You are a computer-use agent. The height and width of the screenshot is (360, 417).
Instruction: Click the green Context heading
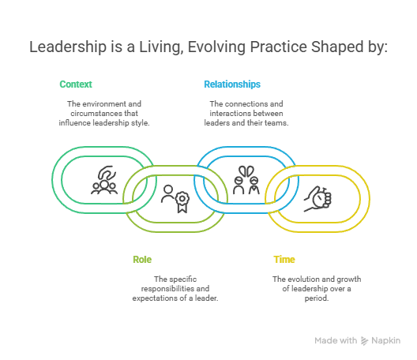tap(76, 84)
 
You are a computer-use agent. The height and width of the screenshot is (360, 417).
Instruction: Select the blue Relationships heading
tap(232, 84)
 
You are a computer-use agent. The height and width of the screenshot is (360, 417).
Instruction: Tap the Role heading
tap(142, 260)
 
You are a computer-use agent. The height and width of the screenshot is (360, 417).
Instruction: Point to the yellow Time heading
tap(284, 260)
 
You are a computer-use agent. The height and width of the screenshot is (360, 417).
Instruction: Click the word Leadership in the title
tap(68, 47)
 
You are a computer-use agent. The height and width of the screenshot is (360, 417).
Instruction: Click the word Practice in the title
tap(279, 47)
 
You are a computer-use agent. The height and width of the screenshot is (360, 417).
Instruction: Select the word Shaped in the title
tap(337, 47)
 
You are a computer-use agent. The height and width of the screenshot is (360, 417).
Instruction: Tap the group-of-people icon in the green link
tap(104, 180)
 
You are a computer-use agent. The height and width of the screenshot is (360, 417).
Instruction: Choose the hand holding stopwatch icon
tap(317, 199)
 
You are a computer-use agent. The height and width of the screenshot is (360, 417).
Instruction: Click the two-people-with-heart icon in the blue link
tap(246, 180)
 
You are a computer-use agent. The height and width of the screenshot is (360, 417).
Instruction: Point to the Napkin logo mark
tap(364, 340)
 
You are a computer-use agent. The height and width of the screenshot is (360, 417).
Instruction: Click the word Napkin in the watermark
tap(386, 341)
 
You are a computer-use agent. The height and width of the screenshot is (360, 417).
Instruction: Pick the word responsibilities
tap(167, 289)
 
